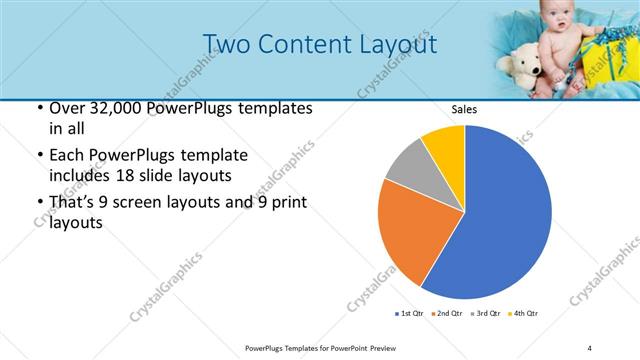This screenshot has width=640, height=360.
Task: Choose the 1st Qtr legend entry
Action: tap(411, 313)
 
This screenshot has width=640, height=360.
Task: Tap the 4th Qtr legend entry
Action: tap(525, 313)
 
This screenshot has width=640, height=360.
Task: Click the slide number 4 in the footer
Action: tap(589, 347)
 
